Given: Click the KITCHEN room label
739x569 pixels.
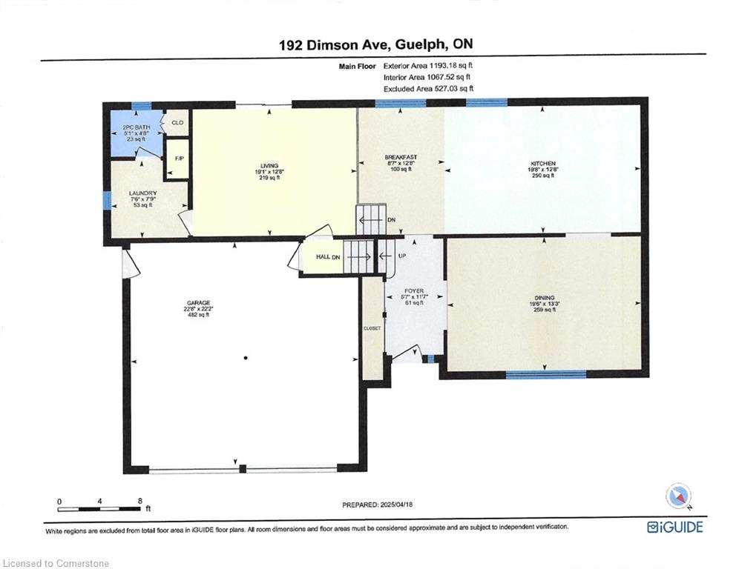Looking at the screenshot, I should pyautogui.click(x=542, y=163).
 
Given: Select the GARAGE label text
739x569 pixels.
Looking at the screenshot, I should pyautogui.click(x=198, y=302).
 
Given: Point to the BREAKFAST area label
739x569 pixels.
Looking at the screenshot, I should pyautogui.click(x=401, y=157).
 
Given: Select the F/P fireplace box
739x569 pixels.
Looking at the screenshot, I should pyautogui.click(x=178, y=159).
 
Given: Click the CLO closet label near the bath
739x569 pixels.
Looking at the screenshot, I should pyautogui.click(x=177, y=123).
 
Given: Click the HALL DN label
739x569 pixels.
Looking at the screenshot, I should pyautogui.click(x=326, y=256).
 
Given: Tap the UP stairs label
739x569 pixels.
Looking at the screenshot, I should pyautogui.click(x=401, y=256).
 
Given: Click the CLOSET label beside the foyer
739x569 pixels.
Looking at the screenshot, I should pyautogui.click(x=372, y=327).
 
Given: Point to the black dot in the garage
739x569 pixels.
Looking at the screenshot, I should pyautogui.click(x=245, y=358).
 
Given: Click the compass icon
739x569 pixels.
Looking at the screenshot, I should pyautogui.click(x=678, y=496).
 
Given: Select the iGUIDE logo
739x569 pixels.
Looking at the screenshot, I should pyautogui.click(x=674, y=528).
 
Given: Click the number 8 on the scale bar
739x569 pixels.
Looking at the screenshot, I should pyautogui.click(x=140, y=500).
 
